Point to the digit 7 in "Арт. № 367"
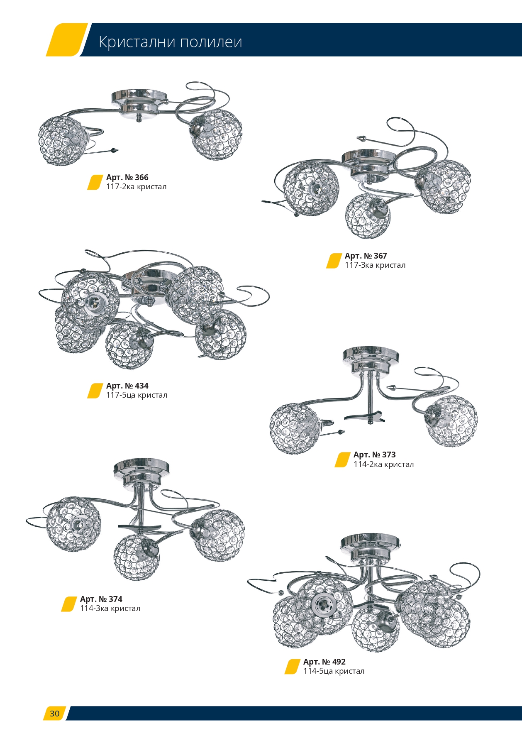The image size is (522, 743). pyautogui.click(x=384, y=256)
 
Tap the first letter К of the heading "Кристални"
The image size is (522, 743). pyautogui.click(x=104, y=42)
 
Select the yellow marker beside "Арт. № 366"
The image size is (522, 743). pyautogui.click(x=95, y=182)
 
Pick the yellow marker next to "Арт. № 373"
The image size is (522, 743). pyautogui.click(x=343, y=459)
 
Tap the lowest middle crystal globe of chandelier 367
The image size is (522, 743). pyautogui.click(x=368, y=216)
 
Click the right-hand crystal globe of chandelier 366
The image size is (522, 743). pyautogui.click(x=216, y=134)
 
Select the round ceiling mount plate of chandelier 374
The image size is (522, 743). pyautogui.click(x=141, y=467)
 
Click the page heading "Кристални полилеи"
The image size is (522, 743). pyautogui.click(x=171, y=42)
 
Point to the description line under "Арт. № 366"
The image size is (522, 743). pyautogui.click(x=137, y=187)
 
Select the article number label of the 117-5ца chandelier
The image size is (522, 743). pyautogui.click(x=127, y=386)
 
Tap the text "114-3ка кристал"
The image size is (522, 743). pyautogui.click(x=110, y=609)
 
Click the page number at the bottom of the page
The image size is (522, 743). pyautogui.click(x=55, y=714)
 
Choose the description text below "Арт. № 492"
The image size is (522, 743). pyautogui.click(x=334, y=671)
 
